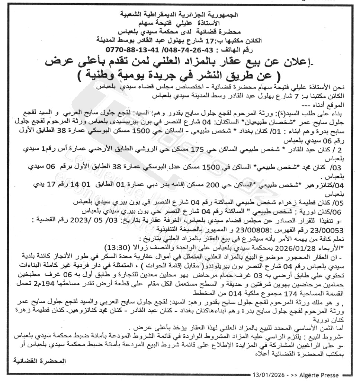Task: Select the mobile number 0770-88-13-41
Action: click(130, 49)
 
